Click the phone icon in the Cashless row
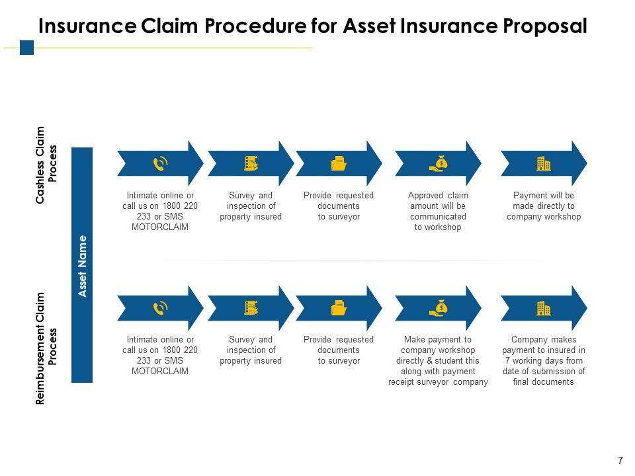click(x=160, y=163)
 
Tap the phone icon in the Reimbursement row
click(x=160, y=307)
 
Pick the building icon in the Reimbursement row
click(x=543, y=307)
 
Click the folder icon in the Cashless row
click(x=339, y=163)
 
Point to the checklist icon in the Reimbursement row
click(x=251, y=307)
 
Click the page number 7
click(x=620, y=460)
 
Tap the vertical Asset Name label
click(x=82, y=265)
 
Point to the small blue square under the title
click(x=26, y=48)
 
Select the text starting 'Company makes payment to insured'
click(x=543, y=360)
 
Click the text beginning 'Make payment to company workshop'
click(x=438, y=360)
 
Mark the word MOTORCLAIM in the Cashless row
click(x=160, y=227)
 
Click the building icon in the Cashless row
click(x=543, y=163)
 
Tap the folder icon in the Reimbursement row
click(x=339, y=307)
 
